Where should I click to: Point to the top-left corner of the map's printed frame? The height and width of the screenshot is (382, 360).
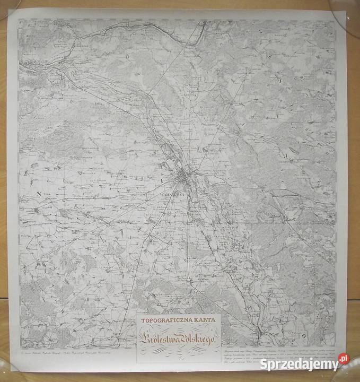point(19,20)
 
